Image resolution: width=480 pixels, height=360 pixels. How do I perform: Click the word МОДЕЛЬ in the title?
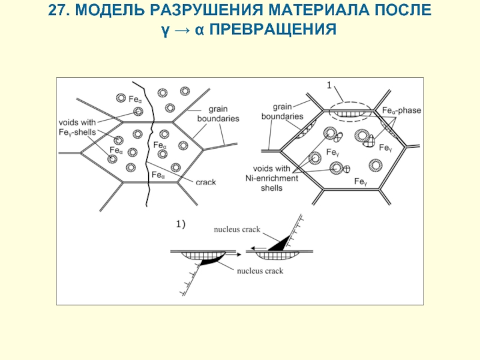[110, 10]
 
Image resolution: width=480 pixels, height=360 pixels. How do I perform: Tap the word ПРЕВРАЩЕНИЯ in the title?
[273, 29]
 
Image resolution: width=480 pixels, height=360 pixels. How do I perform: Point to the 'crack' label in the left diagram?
[206, 182]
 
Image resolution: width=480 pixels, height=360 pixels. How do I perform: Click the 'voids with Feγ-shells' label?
[77, 127]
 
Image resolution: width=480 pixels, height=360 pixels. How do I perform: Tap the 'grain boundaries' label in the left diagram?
[218, 114]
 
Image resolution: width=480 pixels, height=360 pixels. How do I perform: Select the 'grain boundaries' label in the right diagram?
[282, 112]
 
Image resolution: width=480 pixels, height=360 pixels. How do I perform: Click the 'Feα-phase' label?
[401, 110]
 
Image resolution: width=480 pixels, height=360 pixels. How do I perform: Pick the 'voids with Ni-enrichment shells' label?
[272, 178]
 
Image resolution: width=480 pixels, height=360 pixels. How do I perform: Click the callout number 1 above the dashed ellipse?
[329, 85]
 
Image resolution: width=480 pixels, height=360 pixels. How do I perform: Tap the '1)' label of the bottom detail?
[181, 224]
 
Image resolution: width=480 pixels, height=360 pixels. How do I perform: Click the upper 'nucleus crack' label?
[237, 229]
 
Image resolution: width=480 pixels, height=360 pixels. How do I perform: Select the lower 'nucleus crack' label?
[260, 271]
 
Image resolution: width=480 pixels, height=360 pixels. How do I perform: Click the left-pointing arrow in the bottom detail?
[258, 248]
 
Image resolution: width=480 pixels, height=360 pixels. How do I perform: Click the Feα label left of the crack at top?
[135, 100]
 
